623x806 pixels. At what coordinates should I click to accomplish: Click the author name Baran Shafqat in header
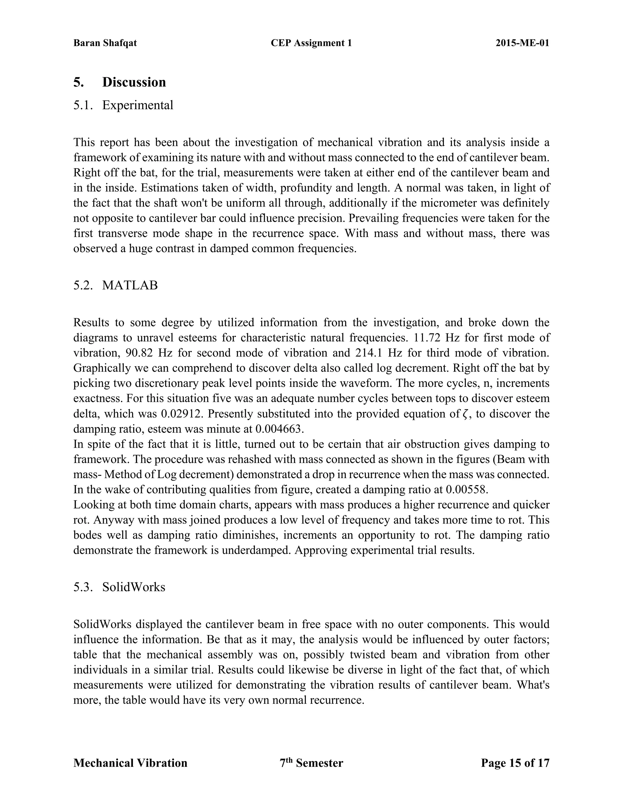(x=105, y=43)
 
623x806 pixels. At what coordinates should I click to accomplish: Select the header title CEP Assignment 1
(x=311, y=43)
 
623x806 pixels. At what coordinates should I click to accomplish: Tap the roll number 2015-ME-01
(x=522, y=43)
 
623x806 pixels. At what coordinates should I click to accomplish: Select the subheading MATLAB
(x=130, y=285)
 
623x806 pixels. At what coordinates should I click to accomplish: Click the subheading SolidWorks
(x=134, y=587)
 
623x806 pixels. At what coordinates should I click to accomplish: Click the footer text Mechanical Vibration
(x=130, y=763)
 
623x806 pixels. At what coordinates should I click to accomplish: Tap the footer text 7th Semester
(x=311, y=763)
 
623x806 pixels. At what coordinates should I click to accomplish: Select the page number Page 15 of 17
(x=515, y=763)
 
